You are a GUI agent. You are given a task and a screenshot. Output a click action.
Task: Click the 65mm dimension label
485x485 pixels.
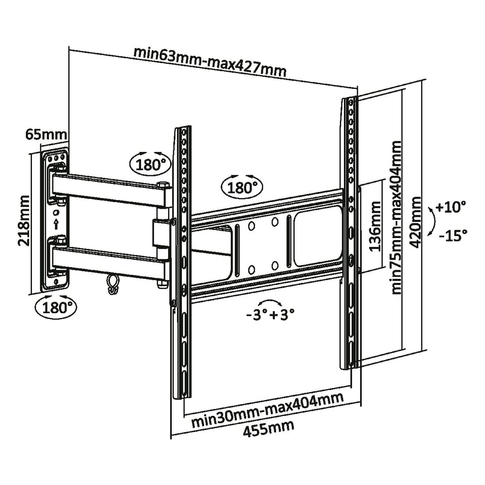coord(46,135)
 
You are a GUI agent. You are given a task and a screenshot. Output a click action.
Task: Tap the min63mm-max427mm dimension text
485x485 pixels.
coord(210,62)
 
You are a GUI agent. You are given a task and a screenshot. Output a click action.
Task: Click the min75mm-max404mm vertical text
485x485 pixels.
coord(397,217)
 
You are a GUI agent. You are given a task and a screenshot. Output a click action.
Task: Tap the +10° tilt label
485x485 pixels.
coord(450,207)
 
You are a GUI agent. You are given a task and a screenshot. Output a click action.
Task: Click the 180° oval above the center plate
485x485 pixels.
coord(243,188)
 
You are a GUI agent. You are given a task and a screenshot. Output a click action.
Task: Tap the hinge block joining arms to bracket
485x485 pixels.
coord(161,233)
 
